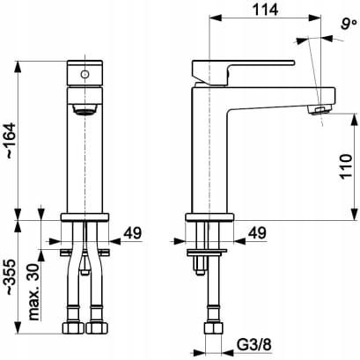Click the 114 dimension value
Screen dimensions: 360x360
(x=265, y=10)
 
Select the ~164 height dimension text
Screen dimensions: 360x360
(x=11, y=141)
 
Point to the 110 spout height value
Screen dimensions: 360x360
(x=346, y=166)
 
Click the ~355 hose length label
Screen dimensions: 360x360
(x=11, y=277)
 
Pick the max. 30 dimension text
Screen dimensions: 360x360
(x=34, y=292)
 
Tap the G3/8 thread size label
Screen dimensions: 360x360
(x=254, y=345)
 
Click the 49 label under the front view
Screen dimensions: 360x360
(x=132, y=233)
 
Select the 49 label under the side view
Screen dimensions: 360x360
(x=257, y=233)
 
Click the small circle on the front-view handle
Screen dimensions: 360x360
(x=84, y=74)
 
